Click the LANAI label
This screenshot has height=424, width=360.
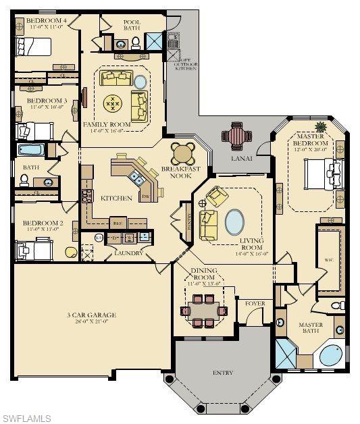[241, 158]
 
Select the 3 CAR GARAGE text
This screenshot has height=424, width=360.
[91, 315]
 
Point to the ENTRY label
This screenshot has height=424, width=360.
[222, 372]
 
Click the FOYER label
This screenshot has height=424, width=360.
[254, 303]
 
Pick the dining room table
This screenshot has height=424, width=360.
[205, 311]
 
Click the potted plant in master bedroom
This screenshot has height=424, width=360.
[319, 126]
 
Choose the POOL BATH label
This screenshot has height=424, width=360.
[132, 26]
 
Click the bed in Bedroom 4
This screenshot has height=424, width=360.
[34, 47]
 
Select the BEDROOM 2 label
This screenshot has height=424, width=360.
[43, 223]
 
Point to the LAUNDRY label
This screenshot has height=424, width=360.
[128, 253]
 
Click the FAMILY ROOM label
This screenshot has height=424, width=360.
[107, 125]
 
